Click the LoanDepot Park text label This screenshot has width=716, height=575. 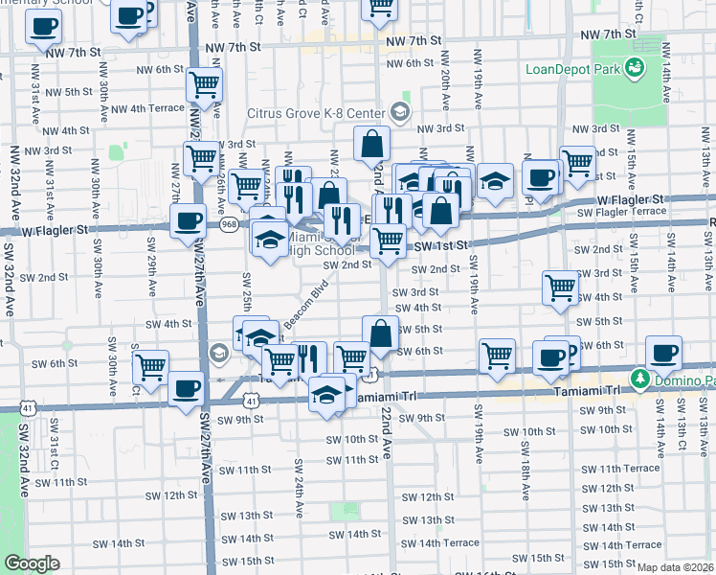click(x=571, y=69)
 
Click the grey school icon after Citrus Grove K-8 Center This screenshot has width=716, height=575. click(x=399, y=114)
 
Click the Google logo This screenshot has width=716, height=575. click(x=32, y=564)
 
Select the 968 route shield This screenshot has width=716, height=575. click(x=229, y=223)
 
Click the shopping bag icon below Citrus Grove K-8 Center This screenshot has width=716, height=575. click(x=371, y=145)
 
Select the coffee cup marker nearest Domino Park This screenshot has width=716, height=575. click(x=662, y=352)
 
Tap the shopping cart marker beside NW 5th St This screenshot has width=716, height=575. click(x=204, y=84)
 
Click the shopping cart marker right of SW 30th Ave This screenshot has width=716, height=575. click(x=150, y=365)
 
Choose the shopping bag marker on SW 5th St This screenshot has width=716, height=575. click(x=380, y=333)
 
